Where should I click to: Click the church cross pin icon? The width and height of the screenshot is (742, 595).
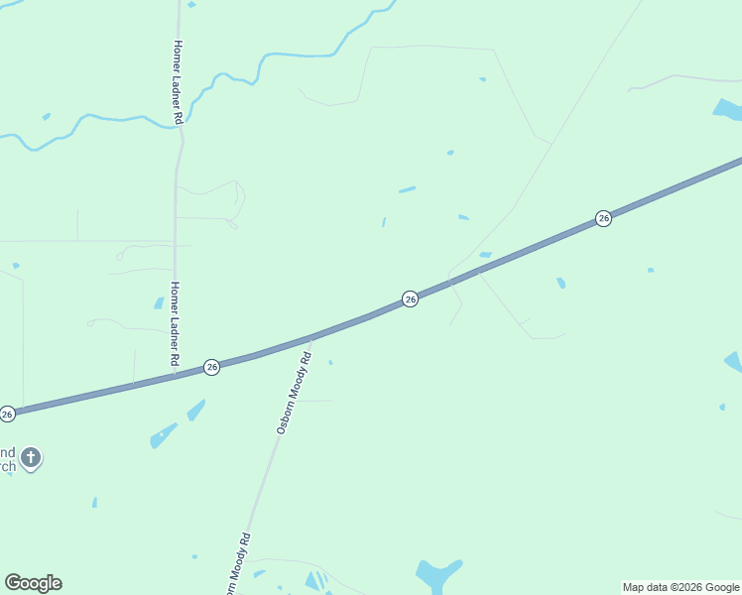31,457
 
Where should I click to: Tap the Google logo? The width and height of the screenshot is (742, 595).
33,583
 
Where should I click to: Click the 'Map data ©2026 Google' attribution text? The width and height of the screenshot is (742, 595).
680,587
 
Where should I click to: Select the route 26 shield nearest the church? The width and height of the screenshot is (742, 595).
7,414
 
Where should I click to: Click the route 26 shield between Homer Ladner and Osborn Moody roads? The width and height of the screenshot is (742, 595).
211,367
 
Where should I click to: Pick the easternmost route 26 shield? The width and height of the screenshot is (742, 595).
603,218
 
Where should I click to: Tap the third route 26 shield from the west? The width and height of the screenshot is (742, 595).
410,298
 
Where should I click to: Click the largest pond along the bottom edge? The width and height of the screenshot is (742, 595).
437,575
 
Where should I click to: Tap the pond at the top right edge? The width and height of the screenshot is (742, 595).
727,109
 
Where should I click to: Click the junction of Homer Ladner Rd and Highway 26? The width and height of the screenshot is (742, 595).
175,374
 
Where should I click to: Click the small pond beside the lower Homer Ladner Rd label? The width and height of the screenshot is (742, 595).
159,302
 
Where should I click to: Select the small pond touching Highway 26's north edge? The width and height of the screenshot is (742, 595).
485,255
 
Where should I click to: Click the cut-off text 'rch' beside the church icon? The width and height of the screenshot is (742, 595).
7,466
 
